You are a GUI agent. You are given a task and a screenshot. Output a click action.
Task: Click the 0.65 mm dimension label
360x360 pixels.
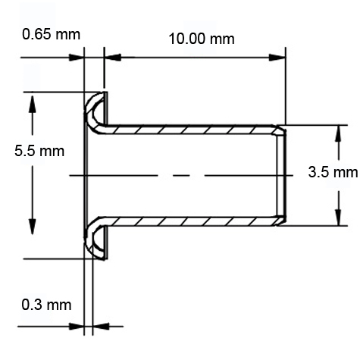[x=52, y=35]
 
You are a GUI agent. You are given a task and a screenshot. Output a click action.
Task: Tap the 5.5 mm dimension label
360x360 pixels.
[x=39, y=151]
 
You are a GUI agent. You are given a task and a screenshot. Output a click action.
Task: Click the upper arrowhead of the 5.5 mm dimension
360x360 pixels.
[x=32, y=102]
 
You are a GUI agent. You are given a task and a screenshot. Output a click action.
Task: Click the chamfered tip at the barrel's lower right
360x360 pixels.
[x=281, y=220]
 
